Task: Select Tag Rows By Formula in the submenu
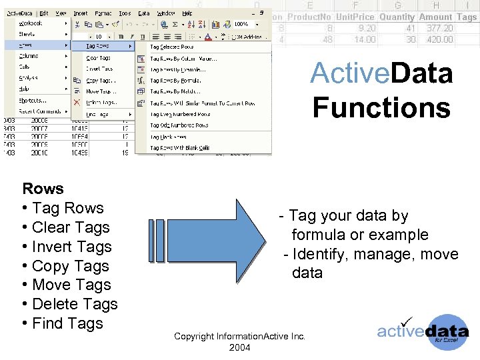(175, 81)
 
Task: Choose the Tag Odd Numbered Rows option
(179, 125)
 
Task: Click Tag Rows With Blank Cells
(179, 148)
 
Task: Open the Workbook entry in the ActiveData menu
(31, 23)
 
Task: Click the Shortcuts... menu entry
(31, 101)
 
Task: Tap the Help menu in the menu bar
(187, 13)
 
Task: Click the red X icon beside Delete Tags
(77, 103)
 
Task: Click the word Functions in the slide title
(381, 107)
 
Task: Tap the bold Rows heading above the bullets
(43, 189)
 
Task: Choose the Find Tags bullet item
(67, 323)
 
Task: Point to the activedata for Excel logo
(423, 331)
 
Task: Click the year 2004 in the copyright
(239, 348)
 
